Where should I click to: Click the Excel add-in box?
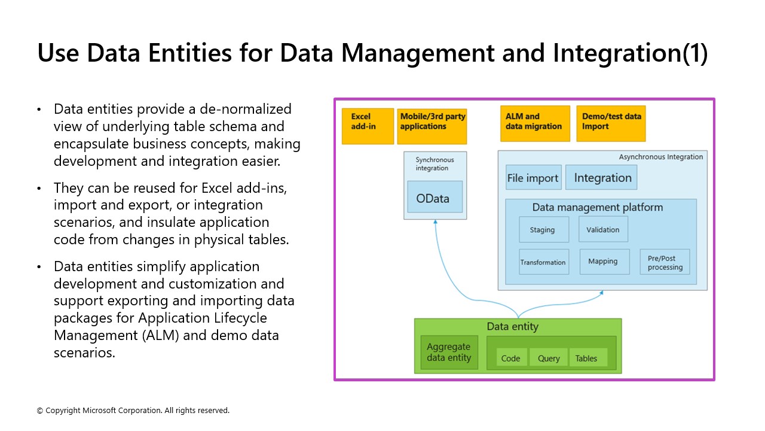click(368, 126)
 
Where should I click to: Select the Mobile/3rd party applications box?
click(432, 126)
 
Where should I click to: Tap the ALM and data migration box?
click(535, 124)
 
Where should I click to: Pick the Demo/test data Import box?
click(611, 124)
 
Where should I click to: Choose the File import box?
click(533, 178)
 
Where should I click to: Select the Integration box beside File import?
click(602, 178)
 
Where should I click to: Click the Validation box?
click(603, 230)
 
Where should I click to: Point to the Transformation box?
click(543, 262)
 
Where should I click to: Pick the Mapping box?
click(604, 262)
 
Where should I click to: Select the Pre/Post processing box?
click(665, 262)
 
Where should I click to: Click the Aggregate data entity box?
click(449, 353)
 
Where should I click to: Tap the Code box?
click(511, 358)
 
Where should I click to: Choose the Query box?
click(549, 358)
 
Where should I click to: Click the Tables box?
click(586, 358)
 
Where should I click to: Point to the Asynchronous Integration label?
click(661, 157)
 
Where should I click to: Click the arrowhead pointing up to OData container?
click(436, 222)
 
